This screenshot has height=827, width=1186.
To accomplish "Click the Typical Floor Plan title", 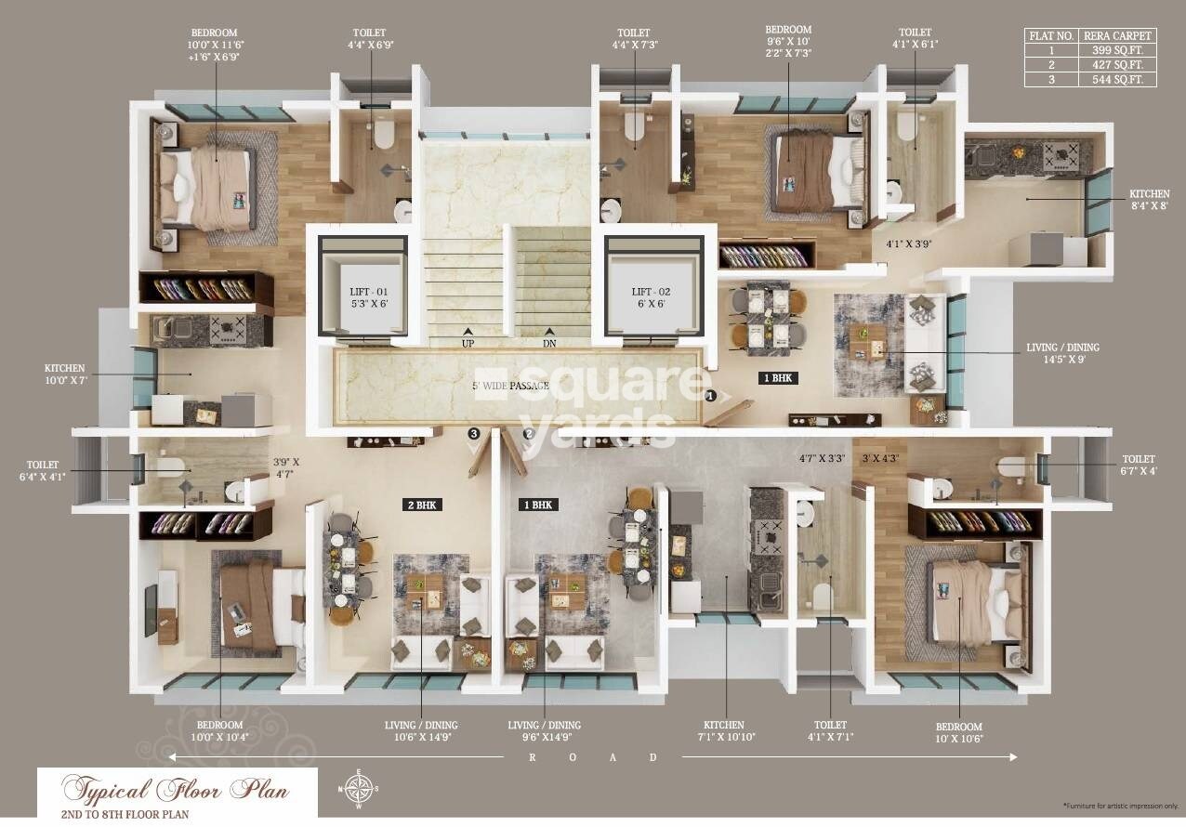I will coord(176,792).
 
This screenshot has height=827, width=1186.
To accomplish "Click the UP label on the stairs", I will coord(468,343).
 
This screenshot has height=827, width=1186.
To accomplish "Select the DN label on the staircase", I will coord(549,343).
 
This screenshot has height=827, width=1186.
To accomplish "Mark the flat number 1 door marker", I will coord(710,396).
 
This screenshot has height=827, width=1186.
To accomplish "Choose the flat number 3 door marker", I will coord(473,433).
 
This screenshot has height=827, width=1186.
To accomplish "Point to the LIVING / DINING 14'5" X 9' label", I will coord(1062,353).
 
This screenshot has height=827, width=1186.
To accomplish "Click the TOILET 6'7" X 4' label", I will coord(1138,465).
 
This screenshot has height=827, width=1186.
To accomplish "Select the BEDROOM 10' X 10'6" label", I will coord(959,732).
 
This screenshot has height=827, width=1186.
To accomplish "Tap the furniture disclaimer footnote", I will coord(1120,804).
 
